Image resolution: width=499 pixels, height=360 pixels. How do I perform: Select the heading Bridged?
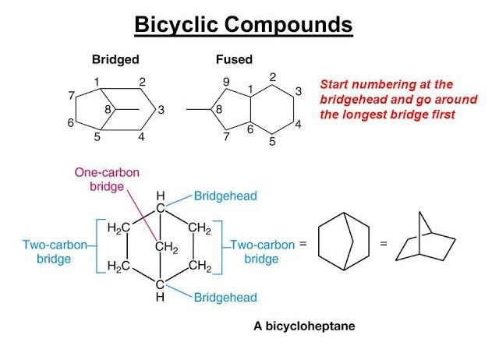tap(115, 59)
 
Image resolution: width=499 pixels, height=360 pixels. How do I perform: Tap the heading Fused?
tap(234, 59)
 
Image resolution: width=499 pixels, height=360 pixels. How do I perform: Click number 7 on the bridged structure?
tap(71, 96)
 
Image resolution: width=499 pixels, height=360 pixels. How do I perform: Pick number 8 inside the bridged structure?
tap(108, 108)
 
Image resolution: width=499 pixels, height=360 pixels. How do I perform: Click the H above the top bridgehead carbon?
tap(160, 195)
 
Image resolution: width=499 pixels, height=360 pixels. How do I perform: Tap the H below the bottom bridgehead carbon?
tap(160, 297)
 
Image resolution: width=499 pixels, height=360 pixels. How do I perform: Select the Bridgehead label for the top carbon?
tap(225, 195)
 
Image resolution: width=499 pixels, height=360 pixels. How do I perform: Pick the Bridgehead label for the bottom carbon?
tap(225, 297)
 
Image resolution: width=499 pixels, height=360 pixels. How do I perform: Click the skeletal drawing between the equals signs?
tap(343, 243)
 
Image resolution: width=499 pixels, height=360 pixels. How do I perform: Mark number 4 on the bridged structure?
tap(140, 138)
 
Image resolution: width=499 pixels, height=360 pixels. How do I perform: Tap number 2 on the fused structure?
tap(273, 77)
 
